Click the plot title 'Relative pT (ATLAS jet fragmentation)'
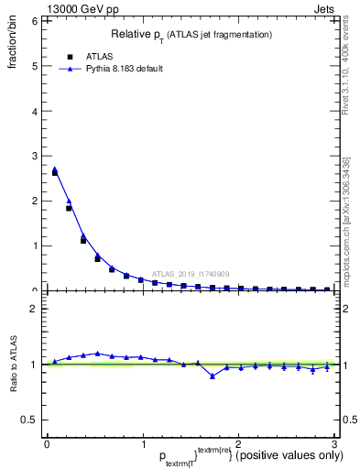pyautogui.click(x=191, y=34)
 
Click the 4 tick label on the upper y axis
pyautogui.click(x=36, y=111)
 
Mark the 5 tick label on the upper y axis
pyautogui.click(x=36, y=66)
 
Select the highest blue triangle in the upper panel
pyautogui.click(x=55, y=169)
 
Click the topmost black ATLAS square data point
pyautogui.click(x=55, y=172)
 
